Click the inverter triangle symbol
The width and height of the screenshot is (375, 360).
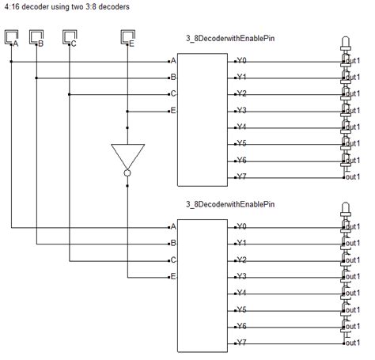click(126, 155)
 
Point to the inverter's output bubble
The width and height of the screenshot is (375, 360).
click(126, 172)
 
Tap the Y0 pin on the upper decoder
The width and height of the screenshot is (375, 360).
click(242, 60)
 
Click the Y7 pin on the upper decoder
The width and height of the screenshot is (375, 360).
click(242, 176)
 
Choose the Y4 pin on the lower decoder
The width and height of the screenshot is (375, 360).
click(242, 293)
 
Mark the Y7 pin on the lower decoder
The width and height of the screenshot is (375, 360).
click(242, 343)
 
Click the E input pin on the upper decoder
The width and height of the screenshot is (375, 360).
click(172, 110)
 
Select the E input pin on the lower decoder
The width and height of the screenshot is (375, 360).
click(172, 276)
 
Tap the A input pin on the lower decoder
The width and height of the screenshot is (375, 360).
click(172, 226)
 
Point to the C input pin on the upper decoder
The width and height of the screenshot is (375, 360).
click(172, 93)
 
